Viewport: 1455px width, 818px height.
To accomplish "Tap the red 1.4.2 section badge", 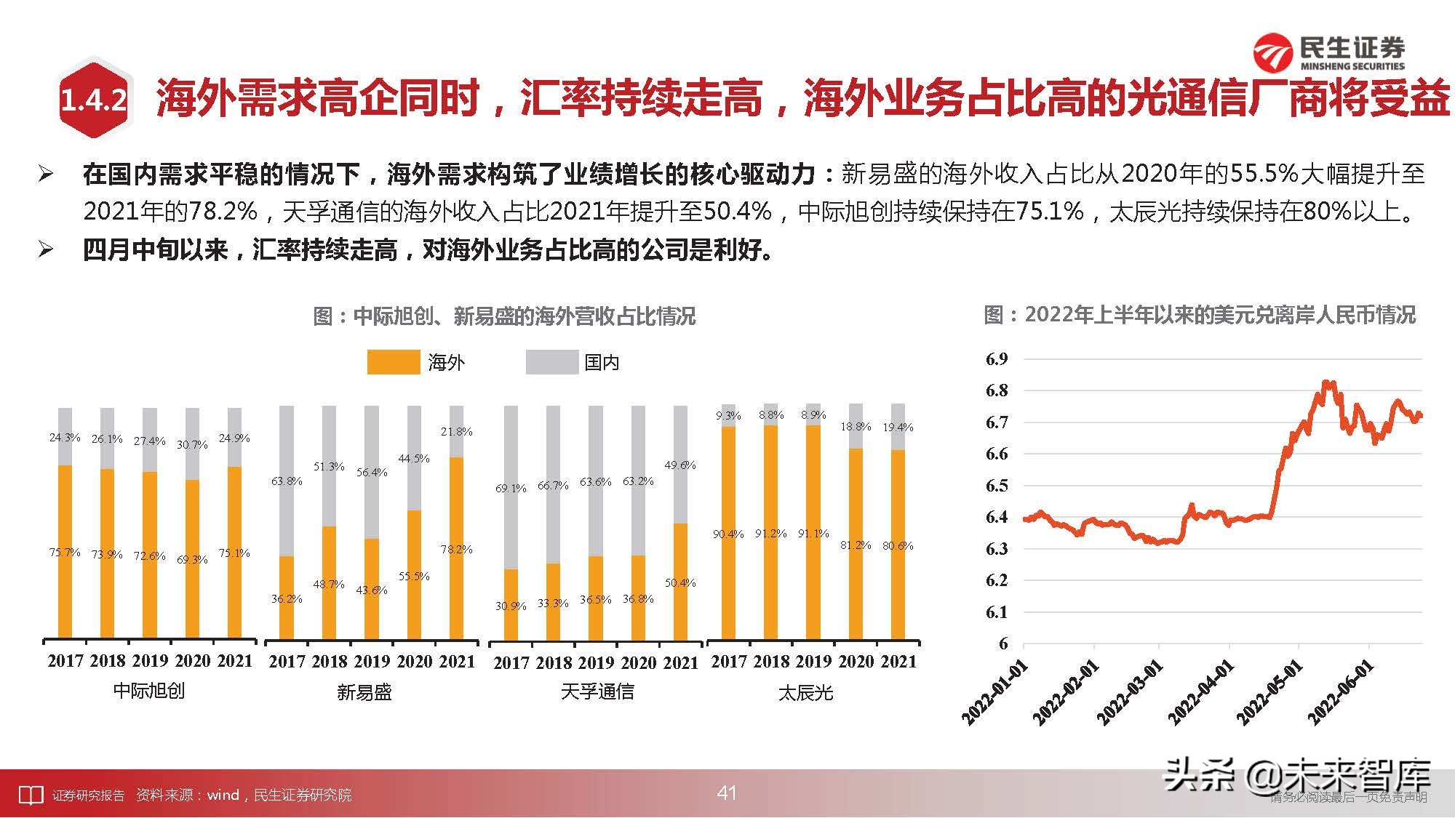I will (x=94, y=100).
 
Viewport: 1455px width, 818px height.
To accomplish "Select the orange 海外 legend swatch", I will (x=393, y=362).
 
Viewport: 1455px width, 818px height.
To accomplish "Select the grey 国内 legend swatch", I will (x=551, y=362).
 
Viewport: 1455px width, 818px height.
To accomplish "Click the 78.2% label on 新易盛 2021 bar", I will (x=456, y=549).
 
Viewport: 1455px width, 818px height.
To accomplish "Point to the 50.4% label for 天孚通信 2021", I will (x=679, y=582).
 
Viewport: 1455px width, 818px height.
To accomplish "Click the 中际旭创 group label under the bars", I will (x=148, y=691).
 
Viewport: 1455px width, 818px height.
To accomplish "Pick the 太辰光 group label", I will (x=805, y=693).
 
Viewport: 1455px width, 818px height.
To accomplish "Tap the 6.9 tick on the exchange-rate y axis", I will (x=997, y=358).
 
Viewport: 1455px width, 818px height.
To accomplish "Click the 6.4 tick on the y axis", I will (x=997, y=517).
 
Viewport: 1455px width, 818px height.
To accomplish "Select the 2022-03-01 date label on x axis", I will (x=1131, y=692).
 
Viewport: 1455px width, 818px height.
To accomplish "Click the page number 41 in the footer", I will (x=727, y=793).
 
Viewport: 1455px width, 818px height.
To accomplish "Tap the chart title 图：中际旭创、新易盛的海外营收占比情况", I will (x=504, y=316).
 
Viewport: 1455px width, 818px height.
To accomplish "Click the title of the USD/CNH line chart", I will (x=1200, y=315).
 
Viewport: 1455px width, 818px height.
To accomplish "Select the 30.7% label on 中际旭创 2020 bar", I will (x=192, y=444).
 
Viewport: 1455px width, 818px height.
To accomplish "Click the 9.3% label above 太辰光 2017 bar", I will (x=727, y=415).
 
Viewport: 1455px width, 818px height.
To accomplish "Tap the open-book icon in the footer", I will (x=31, y=795).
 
